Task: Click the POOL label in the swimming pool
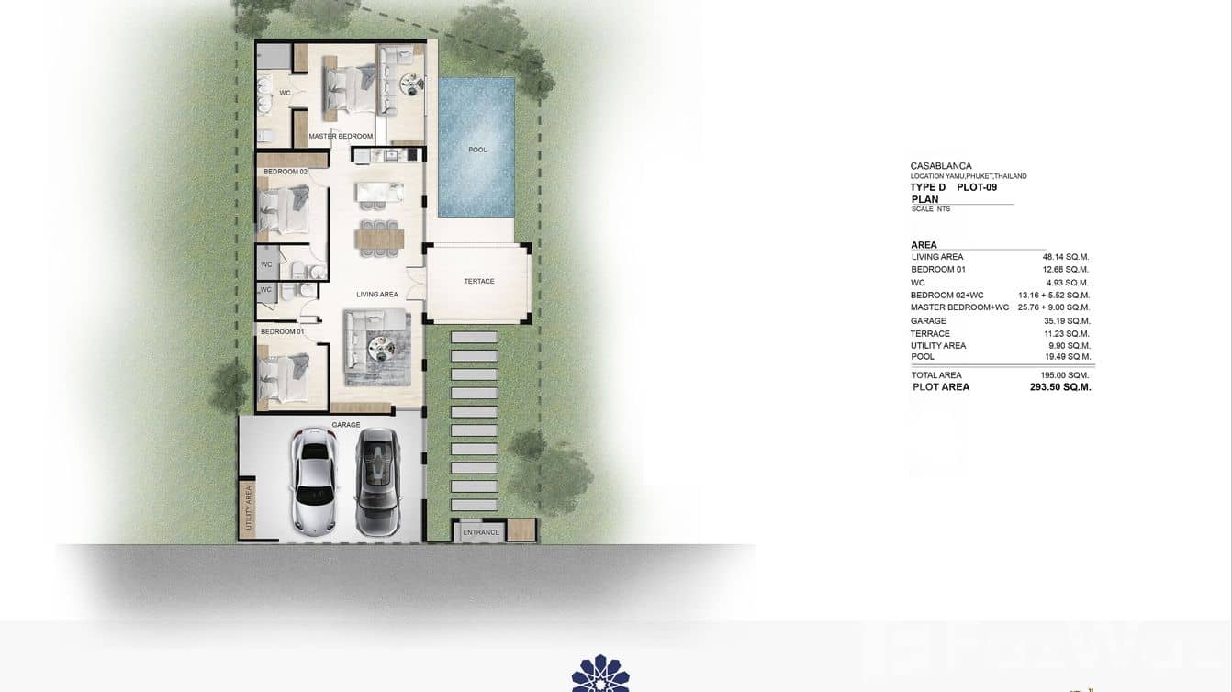coord(477,150)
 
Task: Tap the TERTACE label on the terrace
coord(478,282)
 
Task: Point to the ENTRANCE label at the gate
coord(481,532)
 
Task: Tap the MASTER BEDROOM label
coord(341,137)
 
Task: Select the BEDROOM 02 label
coord(285,172)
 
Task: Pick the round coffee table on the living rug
coord(380,345)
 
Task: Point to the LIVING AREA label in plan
coord(377,295)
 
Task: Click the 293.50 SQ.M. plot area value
coord(1060,387)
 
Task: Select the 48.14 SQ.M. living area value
coord(1065,257)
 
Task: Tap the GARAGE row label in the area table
coord(928,321)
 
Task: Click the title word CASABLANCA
coord(941,166)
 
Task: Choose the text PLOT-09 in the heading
coord(977,187)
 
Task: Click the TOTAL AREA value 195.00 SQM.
coord(1064,375)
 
